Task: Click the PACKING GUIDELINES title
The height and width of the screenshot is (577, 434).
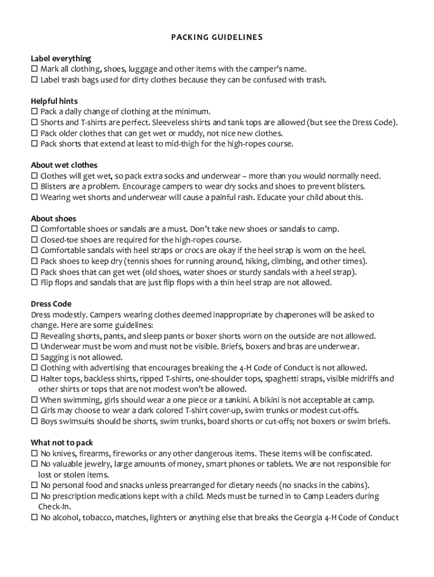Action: (217, 38)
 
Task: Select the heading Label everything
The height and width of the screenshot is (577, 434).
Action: (61, 59)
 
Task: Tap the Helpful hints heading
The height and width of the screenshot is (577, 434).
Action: (54, 101)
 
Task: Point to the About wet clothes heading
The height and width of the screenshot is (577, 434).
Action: (64, 165)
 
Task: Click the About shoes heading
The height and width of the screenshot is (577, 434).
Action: (54, 219)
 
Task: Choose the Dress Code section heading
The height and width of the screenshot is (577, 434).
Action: (51, 304)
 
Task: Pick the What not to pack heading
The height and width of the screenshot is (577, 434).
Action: (62, 443)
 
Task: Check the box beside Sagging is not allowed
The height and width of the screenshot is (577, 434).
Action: (34, 357)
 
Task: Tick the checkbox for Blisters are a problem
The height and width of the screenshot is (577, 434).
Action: (34, 187)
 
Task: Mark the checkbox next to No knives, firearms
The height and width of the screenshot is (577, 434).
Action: (34, 454)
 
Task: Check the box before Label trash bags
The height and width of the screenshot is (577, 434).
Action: (34, 80)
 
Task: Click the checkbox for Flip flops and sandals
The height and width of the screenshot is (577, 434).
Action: (34, 283)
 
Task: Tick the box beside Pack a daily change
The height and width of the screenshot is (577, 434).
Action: (34, 112)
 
